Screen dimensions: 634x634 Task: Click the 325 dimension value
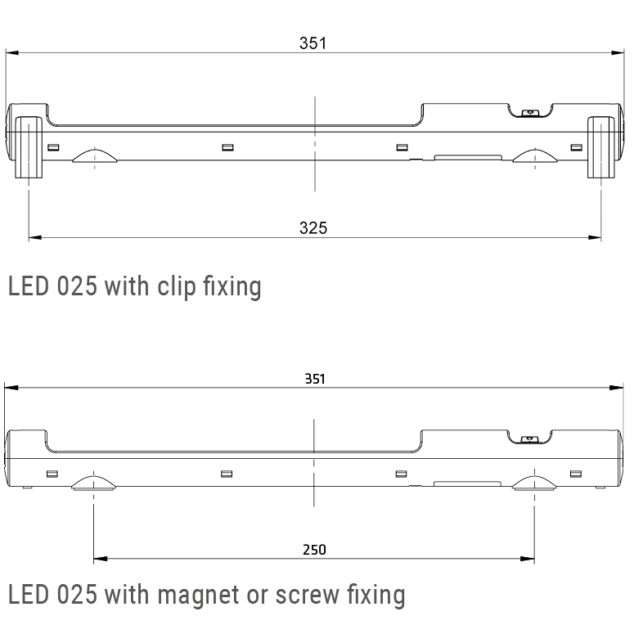click(x=313, y=228)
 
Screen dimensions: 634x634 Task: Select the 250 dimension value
click(x=314, y=550)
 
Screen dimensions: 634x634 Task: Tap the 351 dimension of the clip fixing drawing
click(x=313, y=43)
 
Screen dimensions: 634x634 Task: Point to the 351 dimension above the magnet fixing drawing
click(x=315, y=379)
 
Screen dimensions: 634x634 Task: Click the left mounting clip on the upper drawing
click(x=29, y=146)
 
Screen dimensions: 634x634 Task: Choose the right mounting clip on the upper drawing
click(x=600, y=146)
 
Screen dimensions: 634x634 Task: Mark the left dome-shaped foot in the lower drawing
click(x=94, y=483)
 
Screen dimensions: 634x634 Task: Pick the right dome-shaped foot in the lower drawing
click(x=534, y=483)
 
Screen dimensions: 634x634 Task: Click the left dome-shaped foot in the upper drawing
click(x=94, y=156)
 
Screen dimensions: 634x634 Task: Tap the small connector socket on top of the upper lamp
click(x=529, y=114)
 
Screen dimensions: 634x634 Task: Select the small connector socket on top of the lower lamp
click(x=529, y=439)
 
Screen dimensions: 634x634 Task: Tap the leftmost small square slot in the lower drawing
click(x=52, y=474)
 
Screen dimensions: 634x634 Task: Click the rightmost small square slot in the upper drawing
click(x=576, y=147)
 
